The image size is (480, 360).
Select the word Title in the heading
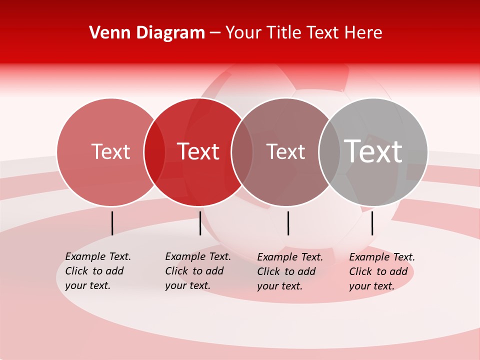click(x=284, y=33)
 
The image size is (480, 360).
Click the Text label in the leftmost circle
click(x=110, y=151)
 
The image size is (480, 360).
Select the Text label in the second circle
click(x=198, y=151)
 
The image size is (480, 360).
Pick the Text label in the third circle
click(x=285, y=151)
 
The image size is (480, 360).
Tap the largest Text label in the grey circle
click(x=373, y=151)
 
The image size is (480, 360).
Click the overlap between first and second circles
click(x=154, y=152)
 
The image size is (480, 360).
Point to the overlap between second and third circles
click(x=242, y=152)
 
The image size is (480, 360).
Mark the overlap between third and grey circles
click(x=329, y=152)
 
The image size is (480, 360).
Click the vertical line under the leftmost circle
click(x=112, y=223)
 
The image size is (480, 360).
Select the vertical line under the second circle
click(x=200, y=223)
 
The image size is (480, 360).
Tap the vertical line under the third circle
click(x=288, y=223)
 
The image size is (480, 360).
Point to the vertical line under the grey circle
click(x=372, y=223)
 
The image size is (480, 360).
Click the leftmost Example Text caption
click(x=98, y=271)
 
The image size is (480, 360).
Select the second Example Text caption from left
click(x=198, y=271)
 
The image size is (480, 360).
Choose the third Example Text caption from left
click(x=290, y=271)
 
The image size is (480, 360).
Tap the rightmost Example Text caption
click(x=382, y=271)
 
